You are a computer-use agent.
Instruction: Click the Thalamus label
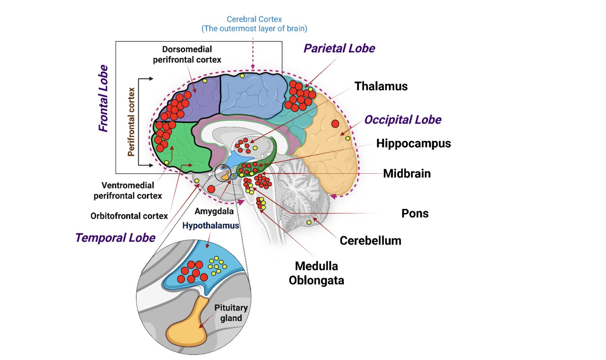click(381, 86)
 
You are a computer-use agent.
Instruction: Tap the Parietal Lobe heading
click(339, 48)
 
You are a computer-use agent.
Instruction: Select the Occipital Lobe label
click(402, 120)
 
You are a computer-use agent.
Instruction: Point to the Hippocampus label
click(413, 143)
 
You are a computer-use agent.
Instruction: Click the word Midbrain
click(407, 173)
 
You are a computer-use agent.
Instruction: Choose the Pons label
click(415, 213)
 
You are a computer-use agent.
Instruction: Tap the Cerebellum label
click(370, 241)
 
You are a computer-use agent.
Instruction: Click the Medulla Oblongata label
click(316, 273)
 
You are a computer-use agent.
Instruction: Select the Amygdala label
click(214, 211)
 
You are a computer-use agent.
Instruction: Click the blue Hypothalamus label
click(211, 226)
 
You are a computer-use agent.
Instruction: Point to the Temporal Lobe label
click(115, 238)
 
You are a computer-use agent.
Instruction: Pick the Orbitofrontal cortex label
click(129, 216)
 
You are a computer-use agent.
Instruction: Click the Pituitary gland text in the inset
click(231, 313)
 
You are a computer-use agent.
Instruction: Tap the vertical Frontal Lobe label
click(103, 98)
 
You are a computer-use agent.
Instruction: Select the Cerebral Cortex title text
click(254, 24)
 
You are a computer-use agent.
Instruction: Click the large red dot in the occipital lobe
click(335, 124)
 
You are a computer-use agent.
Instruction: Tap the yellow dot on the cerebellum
click(309, 222)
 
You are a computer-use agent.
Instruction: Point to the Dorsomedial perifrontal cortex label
click(187, 55)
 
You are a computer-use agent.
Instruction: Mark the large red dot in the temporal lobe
click(211, 189)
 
